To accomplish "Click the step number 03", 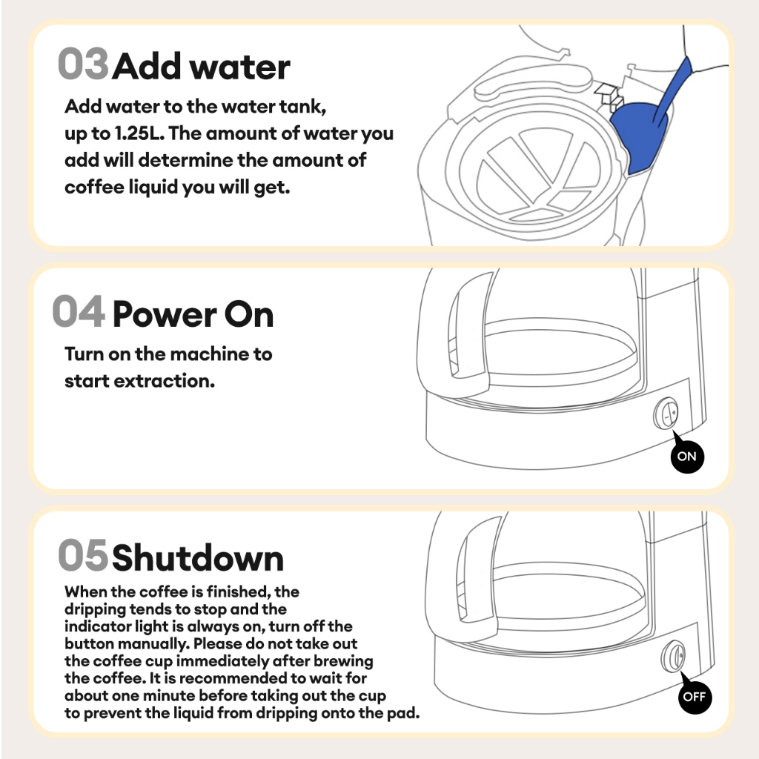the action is click(x=83, y=64).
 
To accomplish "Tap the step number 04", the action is click(x=79, y=311).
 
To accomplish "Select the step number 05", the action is click(x=83, y=554).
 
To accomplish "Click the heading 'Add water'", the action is click(x=202, y=66).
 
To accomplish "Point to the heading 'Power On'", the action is click(x=193, y=315).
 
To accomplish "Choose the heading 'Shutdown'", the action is click(x=198, y=558).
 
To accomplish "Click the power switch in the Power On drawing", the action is click(x=666, y=414).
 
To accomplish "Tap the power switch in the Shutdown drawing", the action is click(x=673, y=656).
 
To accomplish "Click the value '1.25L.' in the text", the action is click(x=139, y=133).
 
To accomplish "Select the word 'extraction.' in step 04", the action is click(x=164, y=382).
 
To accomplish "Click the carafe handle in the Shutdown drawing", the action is click(x=465, y=577).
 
